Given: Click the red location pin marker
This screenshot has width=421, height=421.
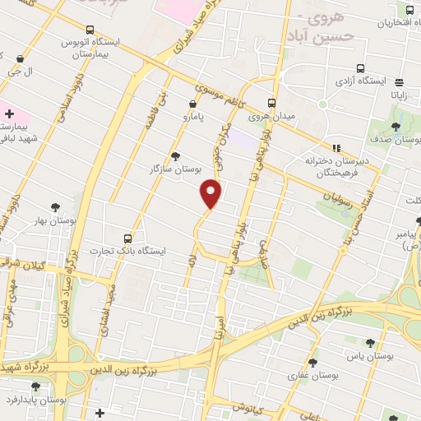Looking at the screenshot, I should coord(212,192).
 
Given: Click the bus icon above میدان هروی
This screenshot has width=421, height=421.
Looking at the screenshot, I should coord(271,103).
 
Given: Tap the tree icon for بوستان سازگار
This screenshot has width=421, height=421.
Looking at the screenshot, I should coord(175,155).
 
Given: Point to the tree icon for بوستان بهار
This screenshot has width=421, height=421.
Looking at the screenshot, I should coord(56,207).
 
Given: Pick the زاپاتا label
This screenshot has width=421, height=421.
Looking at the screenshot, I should coord(400,95).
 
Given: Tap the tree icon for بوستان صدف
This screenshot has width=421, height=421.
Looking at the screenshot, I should coord(395,127).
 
